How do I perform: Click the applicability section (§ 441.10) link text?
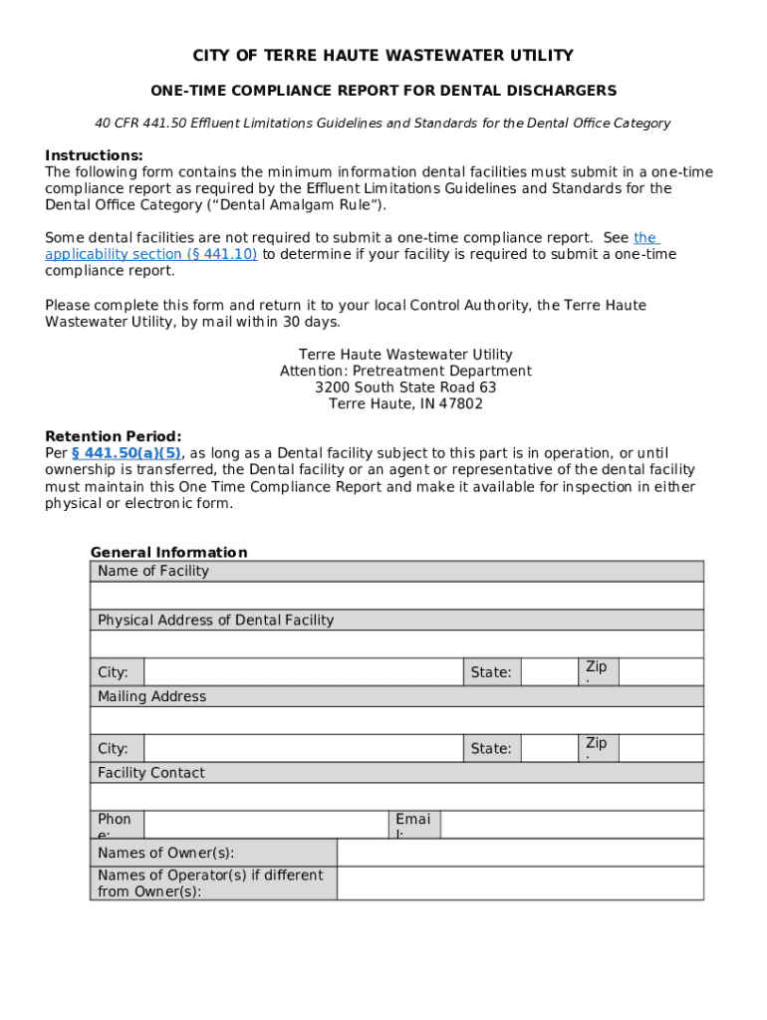tap(151, 254)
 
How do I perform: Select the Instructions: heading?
tap(94, 155)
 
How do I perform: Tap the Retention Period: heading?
tap(114, 436)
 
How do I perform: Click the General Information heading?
tap(168, 552)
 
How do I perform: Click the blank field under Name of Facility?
tap(396, 596)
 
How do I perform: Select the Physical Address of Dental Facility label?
tap(215, 620)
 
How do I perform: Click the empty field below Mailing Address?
tap(396, 720)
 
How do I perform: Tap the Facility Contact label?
tap(150, 772)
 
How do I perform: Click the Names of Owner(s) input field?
tap(520, 853)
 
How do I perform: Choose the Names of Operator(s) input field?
tap(520, 883)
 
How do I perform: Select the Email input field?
tap(571, 825)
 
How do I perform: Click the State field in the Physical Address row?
tap(548, 672)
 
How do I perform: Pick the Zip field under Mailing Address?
tap(660, 748)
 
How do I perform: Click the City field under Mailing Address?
tap(303, 748)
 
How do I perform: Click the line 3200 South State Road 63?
tap(405, 387)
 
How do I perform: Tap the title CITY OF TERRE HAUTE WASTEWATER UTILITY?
tap(383, 55)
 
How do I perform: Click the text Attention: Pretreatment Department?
tap(405, 371)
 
